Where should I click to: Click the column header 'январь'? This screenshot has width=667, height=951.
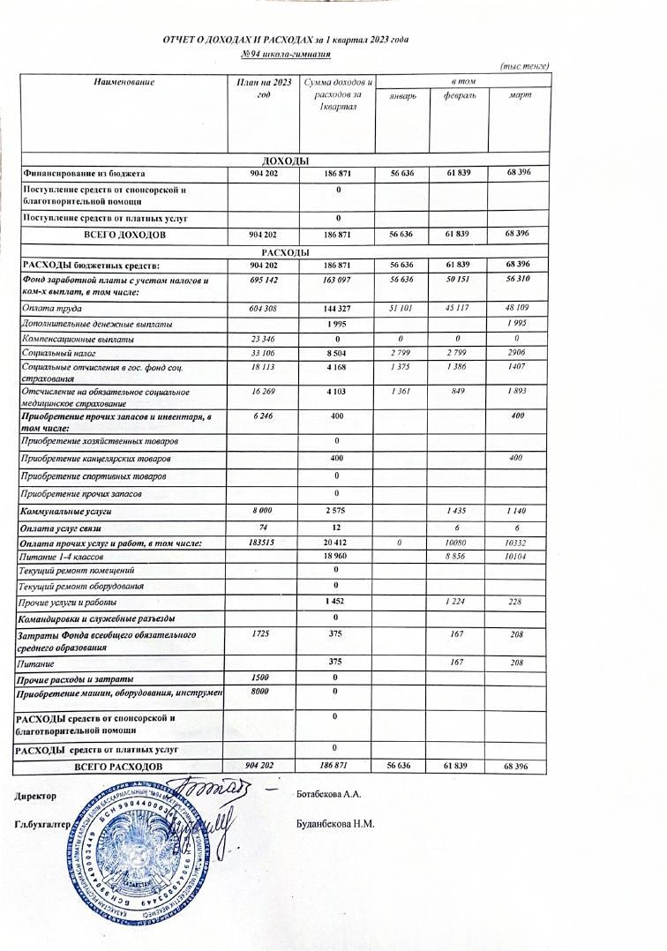pyautogui.click(x=402, y=95)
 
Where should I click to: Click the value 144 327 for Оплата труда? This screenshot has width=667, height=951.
pyautogui.click(x=339, y=309)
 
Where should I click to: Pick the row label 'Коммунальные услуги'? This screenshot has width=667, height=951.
pyautogui.click(x=66, y=512)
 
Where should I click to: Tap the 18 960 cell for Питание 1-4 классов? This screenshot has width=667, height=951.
pyautogui.click(x=339, y=558)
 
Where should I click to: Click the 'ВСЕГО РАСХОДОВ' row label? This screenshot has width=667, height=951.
pyautogui.click(x=118, y=768)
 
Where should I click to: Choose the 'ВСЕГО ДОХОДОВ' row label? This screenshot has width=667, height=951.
pyautogui.click(x=124, y=236)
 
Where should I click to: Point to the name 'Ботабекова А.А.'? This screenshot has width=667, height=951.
pyautogui.click(x=330, y=794)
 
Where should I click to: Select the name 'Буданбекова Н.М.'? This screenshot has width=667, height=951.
pyautogui.click(x=336, y=825)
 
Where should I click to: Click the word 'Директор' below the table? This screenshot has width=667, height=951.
pyautogui.click(x=34, y=797)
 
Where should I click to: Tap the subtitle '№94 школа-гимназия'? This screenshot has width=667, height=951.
pyautogui.click(x=286, y=55)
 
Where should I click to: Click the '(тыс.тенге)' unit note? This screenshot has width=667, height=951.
pyautogui.click(x=525, y=67)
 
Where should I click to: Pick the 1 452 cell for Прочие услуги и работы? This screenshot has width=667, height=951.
pyautogui.click(x=339, y=602)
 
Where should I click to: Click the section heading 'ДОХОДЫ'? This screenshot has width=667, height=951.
pyautogui.click(x=285, y=161)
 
